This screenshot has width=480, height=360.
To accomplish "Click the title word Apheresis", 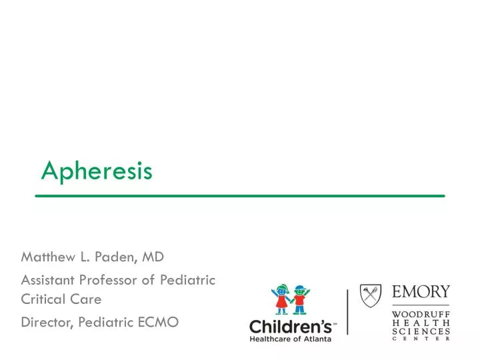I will [x=97, y=171].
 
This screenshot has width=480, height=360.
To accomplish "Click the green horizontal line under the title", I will [x=239, y=195].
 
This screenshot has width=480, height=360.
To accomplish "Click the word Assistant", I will [x=48, y=280].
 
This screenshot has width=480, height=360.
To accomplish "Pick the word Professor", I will [x=110, y=280].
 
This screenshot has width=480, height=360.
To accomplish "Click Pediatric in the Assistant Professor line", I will [x=187, y=280].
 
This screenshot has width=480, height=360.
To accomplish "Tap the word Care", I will [x=87, y=299].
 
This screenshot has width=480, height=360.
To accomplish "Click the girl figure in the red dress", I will [x=281, y=299].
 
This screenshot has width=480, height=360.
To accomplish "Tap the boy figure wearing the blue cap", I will [x=299, y=299].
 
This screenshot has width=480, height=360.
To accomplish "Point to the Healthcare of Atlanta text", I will [x=291, y=339].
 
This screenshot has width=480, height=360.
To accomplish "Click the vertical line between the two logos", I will [x=347, y=312].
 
